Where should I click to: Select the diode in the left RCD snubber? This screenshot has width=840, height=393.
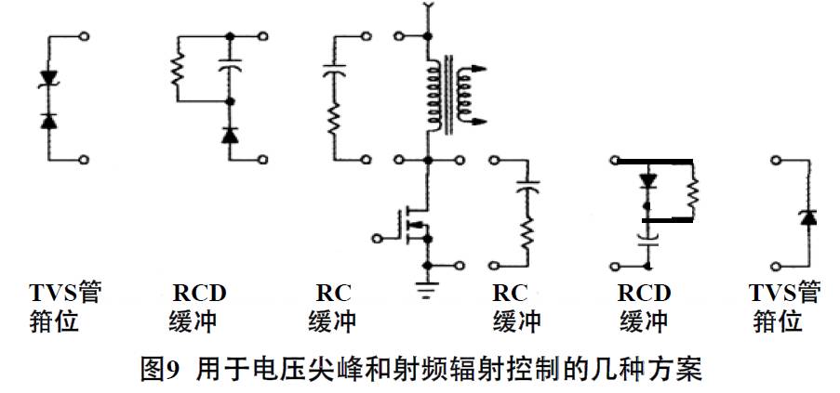pos(230,136)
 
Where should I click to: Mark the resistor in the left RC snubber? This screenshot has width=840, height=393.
pos(332,121)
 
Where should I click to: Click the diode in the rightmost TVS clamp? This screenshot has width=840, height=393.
pos(808,217)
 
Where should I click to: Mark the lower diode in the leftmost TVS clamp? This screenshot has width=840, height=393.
pos(51,121)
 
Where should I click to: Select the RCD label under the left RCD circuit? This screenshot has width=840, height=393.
pos(199,294)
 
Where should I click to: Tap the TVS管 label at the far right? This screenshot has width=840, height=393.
pos(785,294)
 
